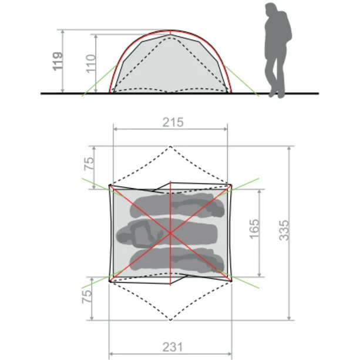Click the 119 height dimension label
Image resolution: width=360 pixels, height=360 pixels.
[58, 61]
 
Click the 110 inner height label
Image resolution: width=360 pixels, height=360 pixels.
[90, 64]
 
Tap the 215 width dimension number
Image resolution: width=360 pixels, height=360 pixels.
[173, 122]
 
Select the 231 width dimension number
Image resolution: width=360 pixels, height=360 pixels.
[173, 347]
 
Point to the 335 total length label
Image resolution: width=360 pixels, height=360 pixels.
[284, 230]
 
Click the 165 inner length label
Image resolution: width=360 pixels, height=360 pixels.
[254, 229]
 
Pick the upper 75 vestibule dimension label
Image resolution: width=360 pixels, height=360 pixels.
[89, 163]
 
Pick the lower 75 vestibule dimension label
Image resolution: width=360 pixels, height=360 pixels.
[87, 297]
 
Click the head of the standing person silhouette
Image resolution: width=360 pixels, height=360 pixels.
[271, 9]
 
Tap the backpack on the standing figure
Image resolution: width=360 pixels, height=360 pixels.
[287, 28]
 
